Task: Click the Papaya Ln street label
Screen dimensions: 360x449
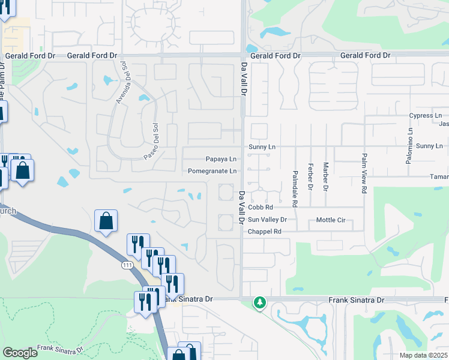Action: point(221,160)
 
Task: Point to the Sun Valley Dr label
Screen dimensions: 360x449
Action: point(268,220)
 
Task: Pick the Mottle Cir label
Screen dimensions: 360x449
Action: point(331,220)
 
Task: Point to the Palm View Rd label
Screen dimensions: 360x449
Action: point(364,173)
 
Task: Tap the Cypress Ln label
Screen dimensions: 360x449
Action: point(425,115)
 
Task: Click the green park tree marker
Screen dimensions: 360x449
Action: point(259,302)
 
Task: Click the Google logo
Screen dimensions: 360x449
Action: point(20,353)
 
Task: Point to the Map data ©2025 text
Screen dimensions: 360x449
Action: point(423,355)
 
